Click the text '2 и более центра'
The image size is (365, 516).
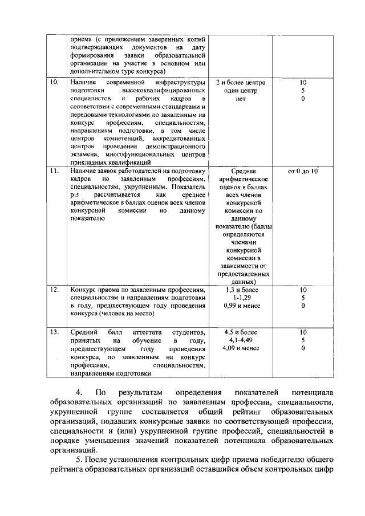(241, 83)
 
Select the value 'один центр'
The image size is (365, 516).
(242, 91)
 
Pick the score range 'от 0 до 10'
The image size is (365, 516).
(303, 170)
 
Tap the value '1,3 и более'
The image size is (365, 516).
(242, 290)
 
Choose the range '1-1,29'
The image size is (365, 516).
(242, 298)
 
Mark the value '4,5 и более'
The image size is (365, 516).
(242, 332)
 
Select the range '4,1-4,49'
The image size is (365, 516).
(242, 340)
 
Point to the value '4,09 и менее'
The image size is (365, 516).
(242, 348)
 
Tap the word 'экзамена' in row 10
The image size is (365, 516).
(84, 154)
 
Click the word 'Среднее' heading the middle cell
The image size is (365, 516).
(242, 170)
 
